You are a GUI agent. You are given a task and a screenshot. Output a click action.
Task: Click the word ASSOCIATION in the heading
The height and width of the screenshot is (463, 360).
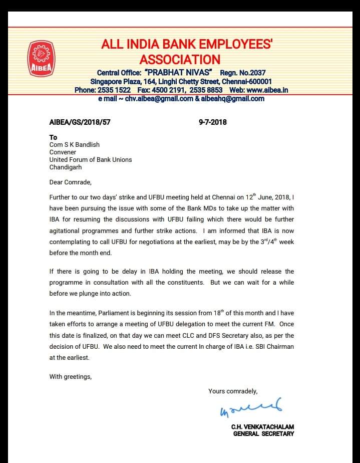tap(180, 59)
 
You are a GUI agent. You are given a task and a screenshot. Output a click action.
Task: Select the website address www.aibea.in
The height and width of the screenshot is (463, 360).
tap(267, 90)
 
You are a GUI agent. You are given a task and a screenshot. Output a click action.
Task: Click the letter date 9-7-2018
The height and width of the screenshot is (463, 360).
tap(213, 122)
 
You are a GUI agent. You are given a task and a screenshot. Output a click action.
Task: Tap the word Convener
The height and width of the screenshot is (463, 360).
tap(63, 152)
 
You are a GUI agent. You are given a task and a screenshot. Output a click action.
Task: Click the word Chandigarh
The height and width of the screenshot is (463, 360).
tap(65, 167)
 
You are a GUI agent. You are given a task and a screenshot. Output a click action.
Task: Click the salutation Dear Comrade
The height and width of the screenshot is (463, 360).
tap(71, 182)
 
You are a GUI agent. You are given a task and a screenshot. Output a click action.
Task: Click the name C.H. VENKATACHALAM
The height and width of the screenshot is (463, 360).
tap(262, 427)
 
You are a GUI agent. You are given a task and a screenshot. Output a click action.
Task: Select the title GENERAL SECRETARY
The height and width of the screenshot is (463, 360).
tap(263, 434)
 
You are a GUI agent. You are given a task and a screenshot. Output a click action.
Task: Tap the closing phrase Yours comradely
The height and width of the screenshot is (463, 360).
tap(233, 391)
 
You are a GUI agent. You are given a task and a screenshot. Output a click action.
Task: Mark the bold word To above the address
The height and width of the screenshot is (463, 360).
tap(53, 137)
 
